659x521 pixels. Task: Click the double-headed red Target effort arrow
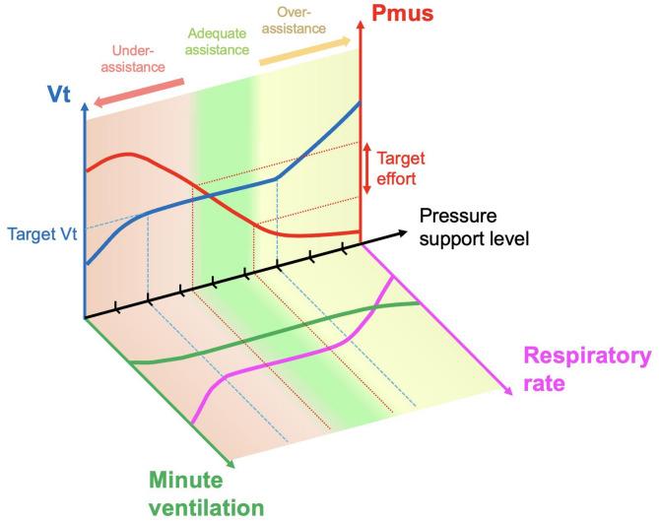click(x=367, y=164)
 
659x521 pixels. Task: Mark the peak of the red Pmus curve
click(x=126, y=155)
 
